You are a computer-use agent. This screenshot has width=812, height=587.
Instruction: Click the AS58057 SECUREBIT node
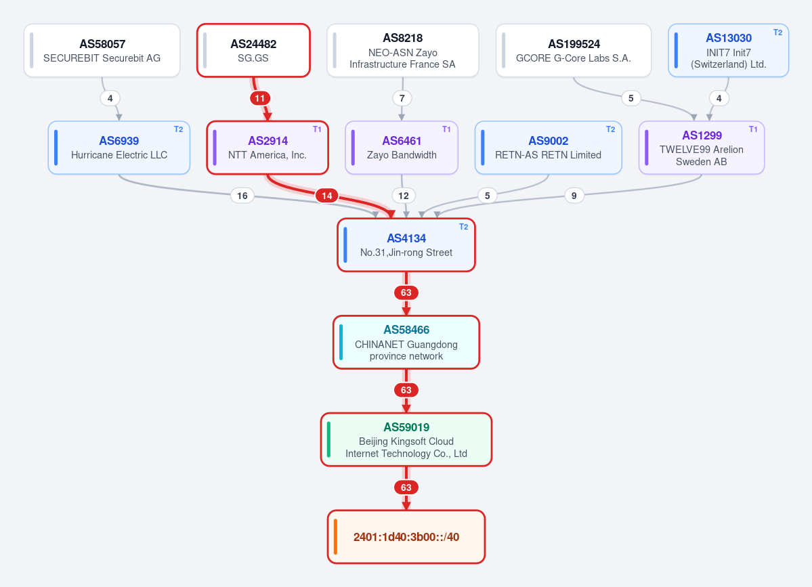102,51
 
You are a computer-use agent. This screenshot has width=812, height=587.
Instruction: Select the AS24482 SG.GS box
253,51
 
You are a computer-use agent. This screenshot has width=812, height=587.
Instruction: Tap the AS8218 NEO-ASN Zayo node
403,51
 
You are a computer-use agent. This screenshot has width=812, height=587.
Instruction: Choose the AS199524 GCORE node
573,51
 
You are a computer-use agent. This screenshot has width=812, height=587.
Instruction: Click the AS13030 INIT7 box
728,51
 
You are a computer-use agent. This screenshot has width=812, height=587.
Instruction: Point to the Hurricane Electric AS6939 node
119,148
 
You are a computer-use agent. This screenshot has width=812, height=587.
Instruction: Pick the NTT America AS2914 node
268,148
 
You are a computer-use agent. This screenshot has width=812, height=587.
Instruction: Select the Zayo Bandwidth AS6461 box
402,148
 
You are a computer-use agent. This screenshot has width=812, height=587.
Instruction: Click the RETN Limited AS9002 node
549,148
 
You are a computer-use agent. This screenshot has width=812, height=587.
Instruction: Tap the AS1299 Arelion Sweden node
702,148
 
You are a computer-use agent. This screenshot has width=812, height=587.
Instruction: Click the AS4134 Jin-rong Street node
406,245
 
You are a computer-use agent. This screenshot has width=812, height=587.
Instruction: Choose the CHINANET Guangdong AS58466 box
406,342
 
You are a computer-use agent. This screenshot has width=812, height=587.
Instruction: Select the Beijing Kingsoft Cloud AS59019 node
406,439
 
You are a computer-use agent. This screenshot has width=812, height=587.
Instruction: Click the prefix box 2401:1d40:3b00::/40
406,537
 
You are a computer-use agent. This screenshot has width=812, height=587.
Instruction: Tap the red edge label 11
260,98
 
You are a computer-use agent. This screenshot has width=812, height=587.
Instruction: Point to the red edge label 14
327,196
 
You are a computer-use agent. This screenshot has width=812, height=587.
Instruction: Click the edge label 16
242,196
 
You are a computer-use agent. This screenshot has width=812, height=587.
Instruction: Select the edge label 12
404,196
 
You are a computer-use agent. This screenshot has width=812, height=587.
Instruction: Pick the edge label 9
574,196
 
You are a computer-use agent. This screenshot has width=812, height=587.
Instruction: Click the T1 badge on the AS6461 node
446,129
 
